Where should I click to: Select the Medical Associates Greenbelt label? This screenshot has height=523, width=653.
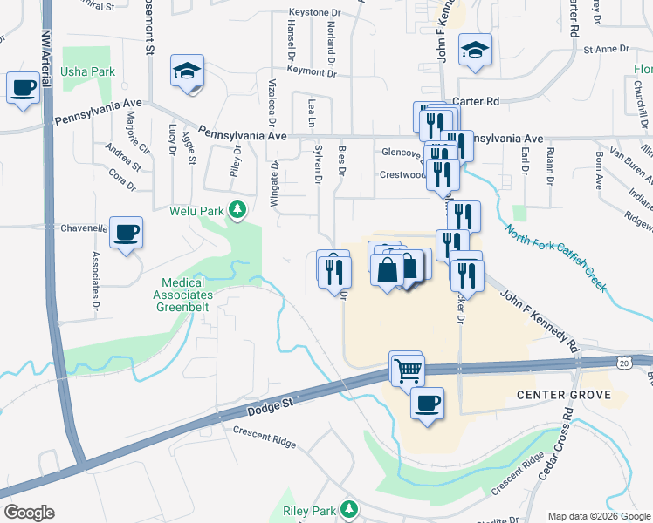[183, 289]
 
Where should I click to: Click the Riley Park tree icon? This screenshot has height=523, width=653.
[349, 508]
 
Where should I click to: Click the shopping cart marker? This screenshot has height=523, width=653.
[408, 370]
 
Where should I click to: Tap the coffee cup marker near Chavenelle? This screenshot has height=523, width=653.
[127, 232]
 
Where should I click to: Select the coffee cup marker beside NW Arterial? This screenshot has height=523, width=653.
[23, 87]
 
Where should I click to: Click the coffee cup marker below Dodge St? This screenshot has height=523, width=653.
[427, 404]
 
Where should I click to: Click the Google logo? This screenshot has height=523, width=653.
[29, 513]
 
